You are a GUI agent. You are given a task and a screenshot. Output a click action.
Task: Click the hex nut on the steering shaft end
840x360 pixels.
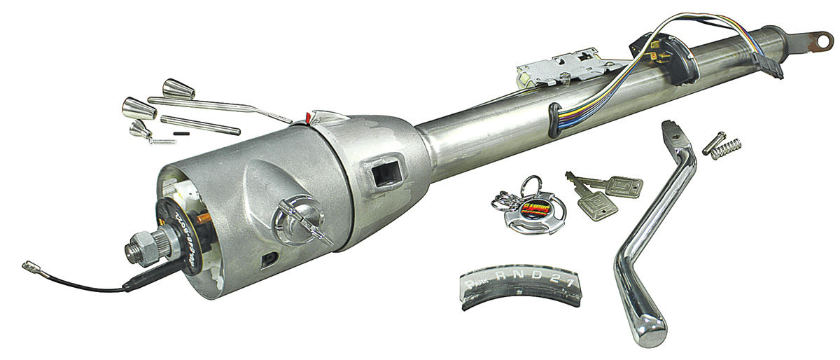pos(136,251)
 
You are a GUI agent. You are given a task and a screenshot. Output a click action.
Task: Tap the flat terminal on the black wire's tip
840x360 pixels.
pos(29,267)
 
